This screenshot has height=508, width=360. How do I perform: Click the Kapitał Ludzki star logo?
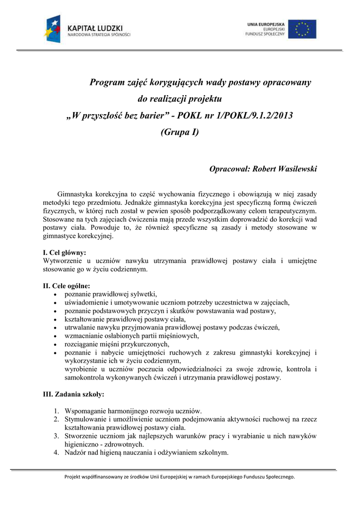pyautogui.click(x=53, y=29)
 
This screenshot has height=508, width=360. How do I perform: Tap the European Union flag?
pyautogui.click(x=302, y=29)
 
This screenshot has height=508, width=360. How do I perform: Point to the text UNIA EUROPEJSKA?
pyautogui.click(x=266, y=24)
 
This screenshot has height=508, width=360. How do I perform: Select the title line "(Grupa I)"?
pyautogui.click(x=180, y=132)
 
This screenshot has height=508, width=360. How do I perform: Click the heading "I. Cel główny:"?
pyautogui.click(x=65, y=253)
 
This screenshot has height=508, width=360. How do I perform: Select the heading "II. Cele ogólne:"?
pyautogui.click(x=67, y=286)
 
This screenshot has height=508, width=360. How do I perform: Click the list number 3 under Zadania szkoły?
pyautogui.click(x=57, y=436)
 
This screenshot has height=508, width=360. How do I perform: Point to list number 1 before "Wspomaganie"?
pyautogui.click(x=57, y=411)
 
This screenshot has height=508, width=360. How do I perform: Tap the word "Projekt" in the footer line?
pyautogui.click(x=73, y=477)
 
